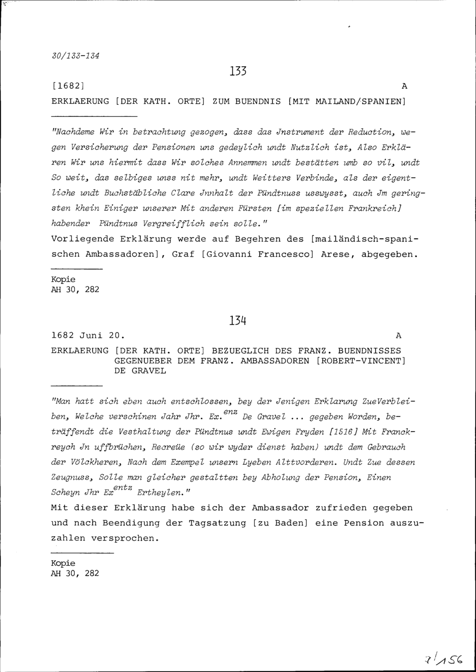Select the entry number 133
click(238, 71)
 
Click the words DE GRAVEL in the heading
click(140, 371)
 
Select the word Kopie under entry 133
click(63, 279)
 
